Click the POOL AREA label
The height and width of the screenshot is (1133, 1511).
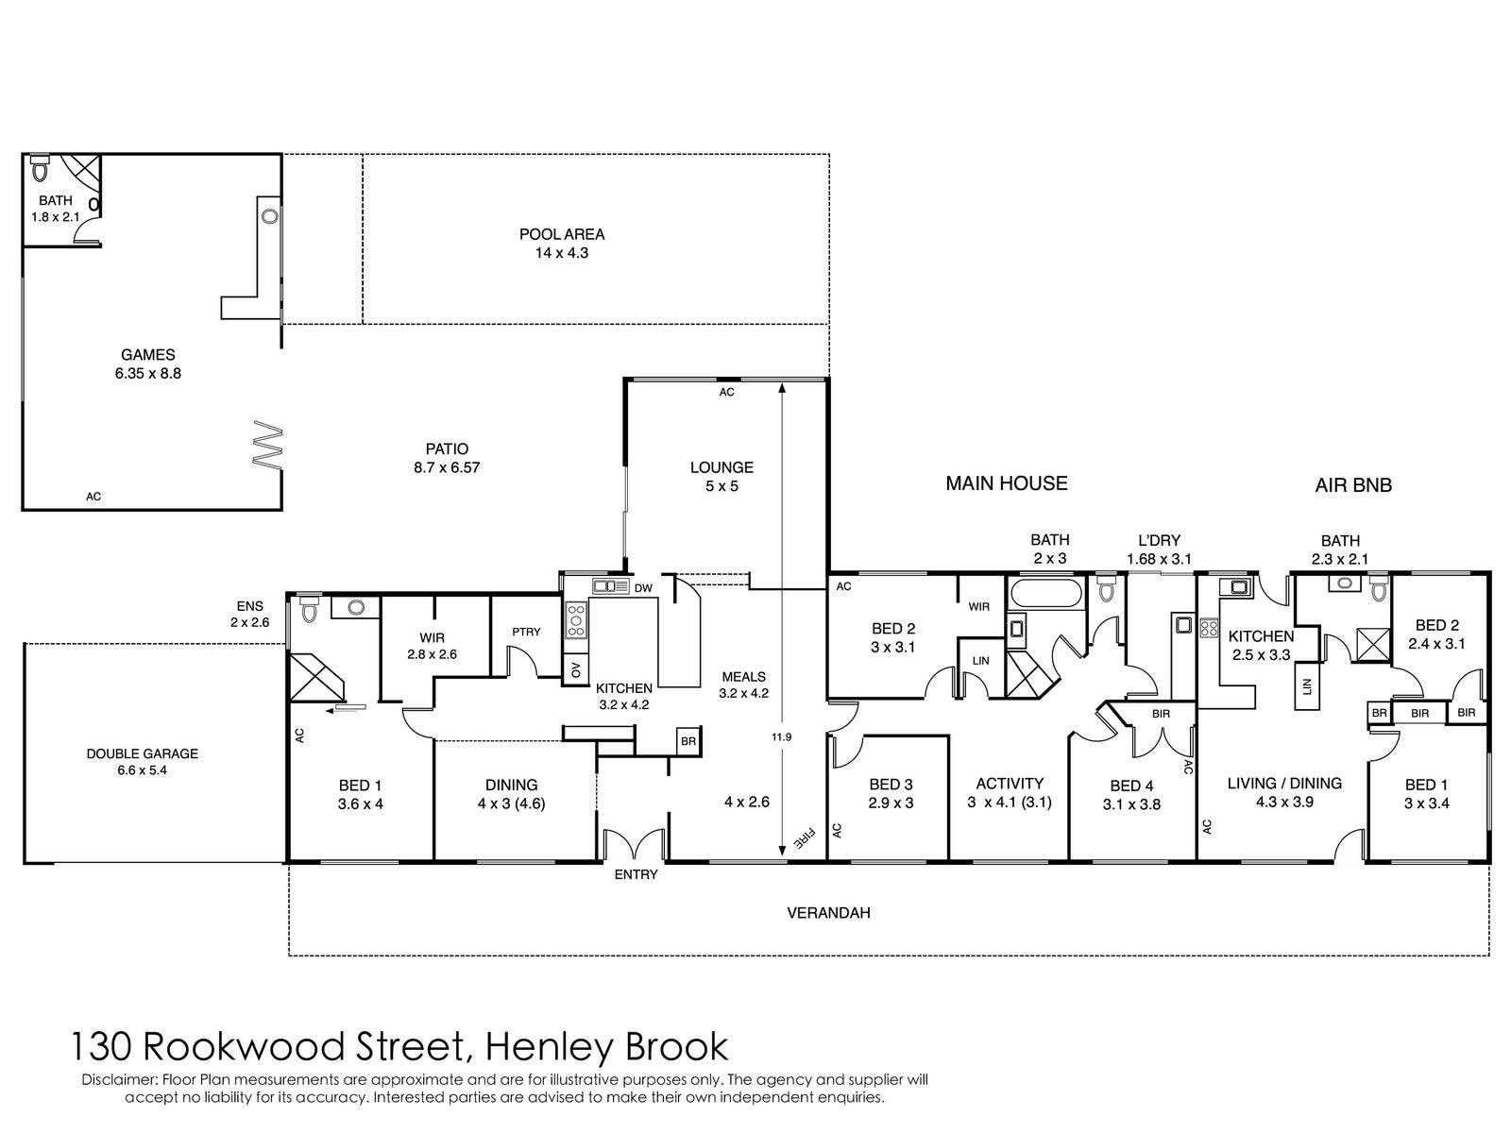click(562, 234)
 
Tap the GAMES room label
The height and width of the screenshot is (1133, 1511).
click(147, 355)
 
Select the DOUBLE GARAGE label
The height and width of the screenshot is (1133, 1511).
click(142, 753)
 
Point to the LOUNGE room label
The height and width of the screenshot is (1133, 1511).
click(722, 467)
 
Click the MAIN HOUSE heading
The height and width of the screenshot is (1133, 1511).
click(1007, 483)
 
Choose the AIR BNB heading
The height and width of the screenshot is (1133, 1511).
click(1353, 485)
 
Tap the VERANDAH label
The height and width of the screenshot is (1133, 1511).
click(828, 913)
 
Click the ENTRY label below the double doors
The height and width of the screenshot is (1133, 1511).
click(636, 874)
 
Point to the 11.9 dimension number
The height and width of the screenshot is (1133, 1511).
click(781, 736)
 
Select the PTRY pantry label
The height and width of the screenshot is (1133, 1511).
click(526, 632)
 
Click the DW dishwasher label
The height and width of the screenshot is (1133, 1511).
click(643, 588)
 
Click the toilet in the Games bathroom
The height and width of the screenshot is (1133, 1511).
click(40, 169)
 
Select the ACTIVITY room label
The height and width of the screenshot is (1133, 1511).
click(1010, 783)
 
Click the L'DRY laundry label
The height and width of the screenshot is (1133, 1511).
click(1160, 540)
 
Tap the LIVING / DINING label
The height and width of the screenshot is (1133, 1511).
click(1284, 783)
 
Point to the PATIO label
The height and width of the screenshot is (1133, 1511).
click(447, 449)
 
